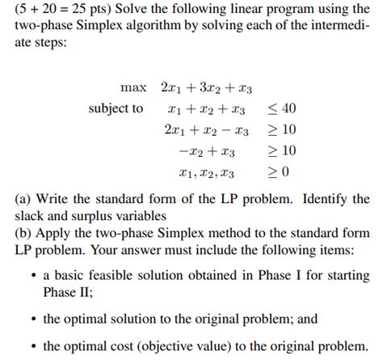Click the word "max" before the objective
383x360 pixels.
(133, 87)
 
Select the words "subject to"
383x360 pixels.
(116, 108)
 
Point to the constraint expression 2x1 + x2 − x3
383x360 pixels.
(206, 129)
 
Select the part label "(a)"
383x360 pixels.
(24, 199)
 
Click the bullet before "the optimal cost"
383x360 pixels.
(32, 346)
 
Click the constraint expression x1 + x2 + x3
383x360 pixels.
(207, 108)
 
